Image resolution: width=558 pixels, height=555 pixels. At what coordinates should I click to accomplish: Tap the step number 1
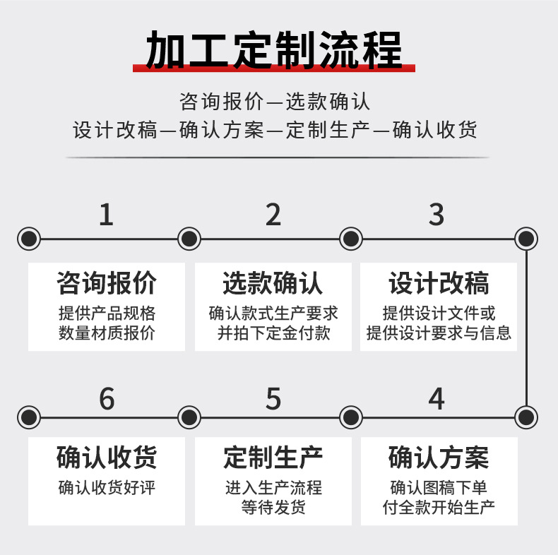106,215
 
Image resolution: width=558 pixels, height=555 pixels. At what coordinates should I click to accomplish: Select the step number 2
273,215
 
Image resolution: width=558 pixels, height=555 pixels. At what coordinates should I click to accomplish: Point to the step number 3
437,215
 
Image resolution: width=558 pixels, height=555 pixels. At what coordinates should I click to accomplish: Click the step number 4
437,399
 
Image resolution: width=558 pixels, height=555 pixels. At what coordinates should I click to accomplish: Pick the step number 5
273,400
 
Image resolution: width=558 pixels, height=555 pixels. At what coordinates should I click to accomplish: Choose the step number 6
107,400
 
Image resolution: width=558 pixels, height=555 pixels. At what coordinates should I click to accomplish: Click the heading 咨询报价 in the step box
107,283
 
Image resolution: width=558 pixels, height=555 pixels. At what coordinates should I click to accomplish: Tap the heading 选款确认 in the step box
273,283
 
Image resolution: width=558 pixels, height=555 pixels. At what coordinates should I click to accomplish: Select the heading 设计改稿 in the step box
439,283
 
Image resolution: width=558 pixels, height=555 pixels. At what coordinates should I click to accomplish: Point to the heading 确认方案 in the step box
439,458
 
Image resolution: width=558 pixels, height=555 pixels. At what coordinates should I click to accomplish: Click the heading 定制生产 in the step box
273,458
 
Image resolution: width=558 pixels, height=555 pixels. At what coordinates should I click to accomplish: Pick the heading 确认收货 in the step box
107,458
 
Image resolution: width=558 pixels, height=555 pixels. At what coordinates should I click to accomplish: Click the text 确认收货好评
107,487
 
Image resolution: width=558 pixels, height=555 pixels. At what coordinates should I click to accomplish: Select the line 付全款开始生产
439,507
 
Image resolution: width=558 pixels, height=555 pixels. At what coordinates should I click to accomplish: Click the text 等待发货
273,507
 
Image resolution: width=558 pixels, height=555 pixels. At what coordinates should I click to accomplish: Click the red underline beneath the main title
274,68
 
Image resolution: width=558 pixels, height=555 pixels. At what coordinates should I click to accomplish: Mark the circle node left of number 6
29,417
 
